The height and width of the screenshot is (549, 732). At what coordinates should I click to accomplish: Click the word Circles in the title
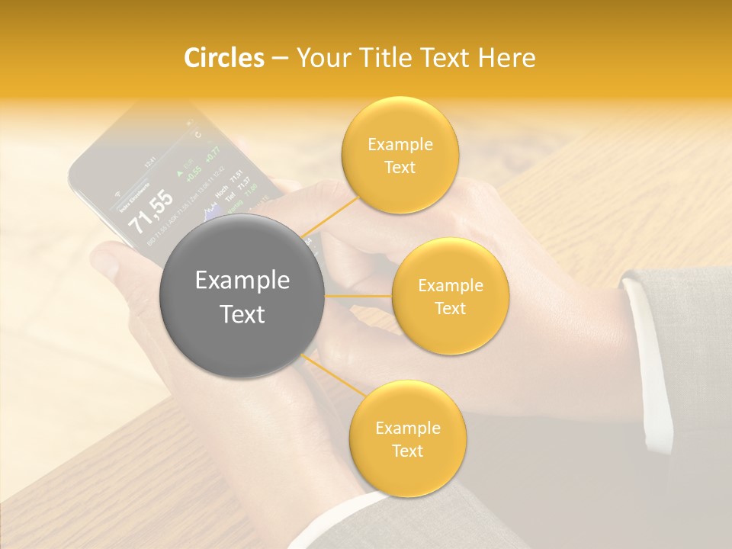tap(224, 58)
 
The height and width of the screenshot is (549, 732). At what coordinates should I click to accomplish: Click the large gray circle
tap(242, 296)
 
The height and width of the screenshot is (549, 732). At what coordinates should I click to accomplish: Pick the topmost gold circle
tap(400, 155)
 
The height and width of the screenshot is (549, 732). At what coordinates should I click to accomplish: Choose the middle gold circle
tap(450, 296)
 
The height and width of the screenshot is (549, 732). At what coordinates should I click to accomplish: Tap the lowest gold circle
tap(407, 438)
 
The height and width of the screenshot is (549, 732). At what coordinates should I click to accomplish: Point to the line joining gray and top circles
tap(329, 217)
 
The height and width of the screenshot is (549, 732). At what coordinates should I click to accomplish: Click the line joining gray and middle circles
tap(358, 295)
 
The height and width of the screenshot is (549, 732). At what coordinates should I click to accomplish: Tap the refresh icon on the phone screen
tap(199, 136)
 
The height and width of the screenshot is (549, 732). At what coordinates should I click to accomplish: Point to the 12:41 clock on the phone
tap(151, 162)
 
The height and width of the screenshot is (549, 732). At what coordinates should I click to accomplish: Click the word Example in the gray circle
tap(242, 281)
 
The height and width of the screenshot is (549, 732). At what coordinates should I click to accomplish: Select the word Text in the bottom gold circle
tap(407, 451)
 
